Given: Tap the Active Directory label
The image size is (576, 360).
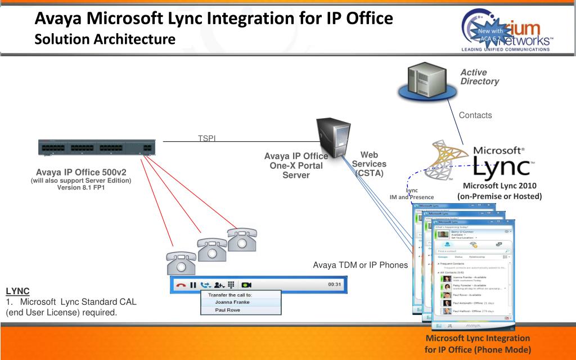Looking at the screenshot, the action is tap(479, 77).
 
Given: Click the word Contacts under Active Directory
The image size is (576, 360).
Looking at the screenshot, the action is tap(475, 115).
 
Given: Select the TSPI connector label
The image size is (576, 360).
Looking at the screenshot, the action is tap(207, 138).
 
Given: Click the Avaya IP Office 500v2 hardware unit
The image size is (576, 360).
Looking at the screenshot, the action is tap(96, 148).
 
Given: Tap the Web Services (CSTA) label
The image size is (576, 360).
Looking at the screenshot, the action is tap(368, 164).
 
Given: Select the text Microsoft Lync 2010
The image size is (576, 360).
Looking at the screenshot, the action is tap(499, 186).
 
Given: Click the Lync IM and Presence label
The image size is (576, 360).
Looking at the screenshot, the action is tap(412, 194).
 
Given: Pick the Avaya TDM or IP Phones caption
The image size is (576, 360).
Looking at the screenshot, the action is tap(360, 265).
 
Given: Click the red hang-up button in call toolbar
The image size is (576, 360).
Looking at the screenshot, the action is tap(181, 285).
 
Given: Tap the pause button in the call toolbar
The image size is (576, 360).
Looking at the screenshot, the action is tap(192, 285).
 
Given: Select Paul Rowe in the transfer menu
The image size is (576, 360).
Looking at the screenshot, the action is tap(227, 310).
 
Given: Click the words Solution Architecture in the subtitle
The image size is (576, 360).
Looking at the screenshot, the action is tap(105, 39).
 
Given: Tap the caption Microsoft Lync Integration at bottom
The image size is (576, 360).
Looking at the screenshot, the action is tap(478, 339).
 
